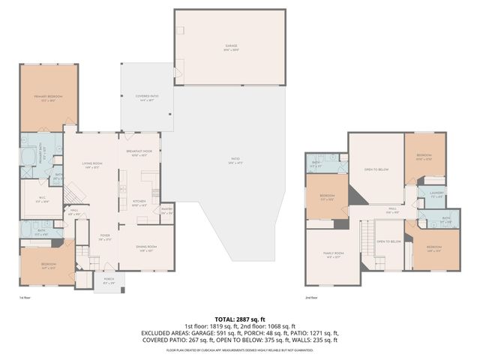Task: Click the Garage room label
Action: pos(231,46)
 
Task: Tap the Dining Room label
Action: pos(146,248)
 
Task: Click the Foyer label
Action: pos(105,238)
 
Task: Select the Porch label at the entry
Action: pos(109,282)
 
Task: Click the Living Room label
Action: pos(91,165)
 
